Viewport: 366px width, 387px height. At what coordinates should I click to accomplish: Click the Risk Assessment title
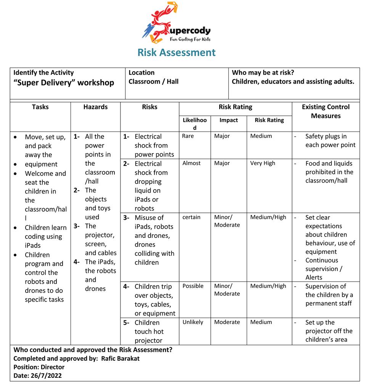point(176,52)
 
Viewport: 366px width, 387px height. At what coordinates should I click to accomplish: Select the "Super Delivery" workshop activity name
point(64,83)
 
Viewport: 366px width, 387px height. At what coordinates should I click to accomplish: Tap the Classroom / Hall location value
point(153,81)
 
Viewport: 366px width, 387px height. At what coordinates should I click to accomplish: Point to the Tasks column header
point(40,107)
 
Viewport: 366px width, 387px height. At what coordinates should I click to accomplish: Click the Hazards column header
point(95,107)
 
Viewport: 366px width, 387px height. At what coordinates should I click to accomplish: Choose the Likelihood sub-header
point(194,124)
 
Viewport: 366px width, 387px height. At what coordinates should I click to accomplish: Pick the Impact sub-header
point(228,120)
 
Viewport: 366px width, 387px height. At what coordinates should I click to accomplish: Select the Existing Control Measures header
point(325,111)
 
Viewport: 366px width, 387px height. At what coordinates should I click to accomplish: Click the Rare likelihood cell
point(188,136)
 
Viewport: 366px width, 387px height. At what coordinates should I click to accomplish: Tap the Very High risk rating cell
point(262,163)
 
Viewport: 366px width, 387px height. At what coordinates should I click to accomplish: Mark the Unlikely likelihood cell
point(193,322)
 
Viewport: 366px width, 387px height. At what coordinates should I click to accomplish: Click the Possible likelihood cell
point(193,286)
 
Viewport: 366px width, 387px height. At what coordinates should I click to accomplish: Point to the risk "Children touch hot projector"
point(148,331)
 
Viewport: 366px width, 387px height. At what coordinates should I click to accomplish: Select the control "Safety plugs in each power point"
point(330,141)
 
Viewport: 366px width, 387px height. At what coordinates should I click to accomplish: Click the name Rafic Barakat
point(120,358)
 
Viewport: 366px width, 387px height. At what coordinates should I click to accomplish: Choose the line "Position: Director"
point(39,367)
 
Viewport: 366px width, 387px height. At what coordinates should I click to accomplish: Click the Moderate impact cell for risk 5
point(227,322)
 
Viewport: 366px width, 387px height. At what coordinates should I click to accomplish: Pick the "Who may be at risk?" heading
point(263,72)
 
